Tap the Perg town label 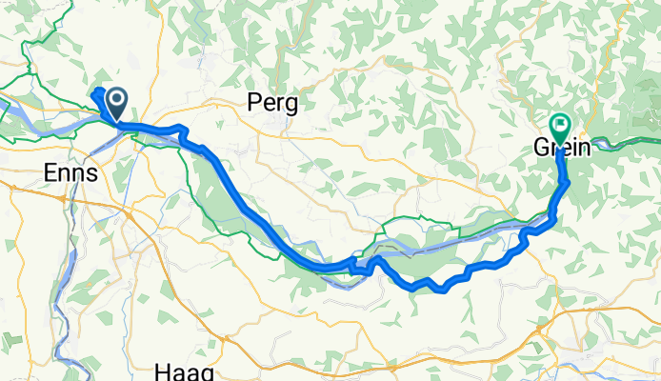[271, 103]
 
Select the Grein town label [560, 148]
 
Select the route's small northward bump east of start [178, 129]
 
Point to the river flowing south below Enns [65, 276]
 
